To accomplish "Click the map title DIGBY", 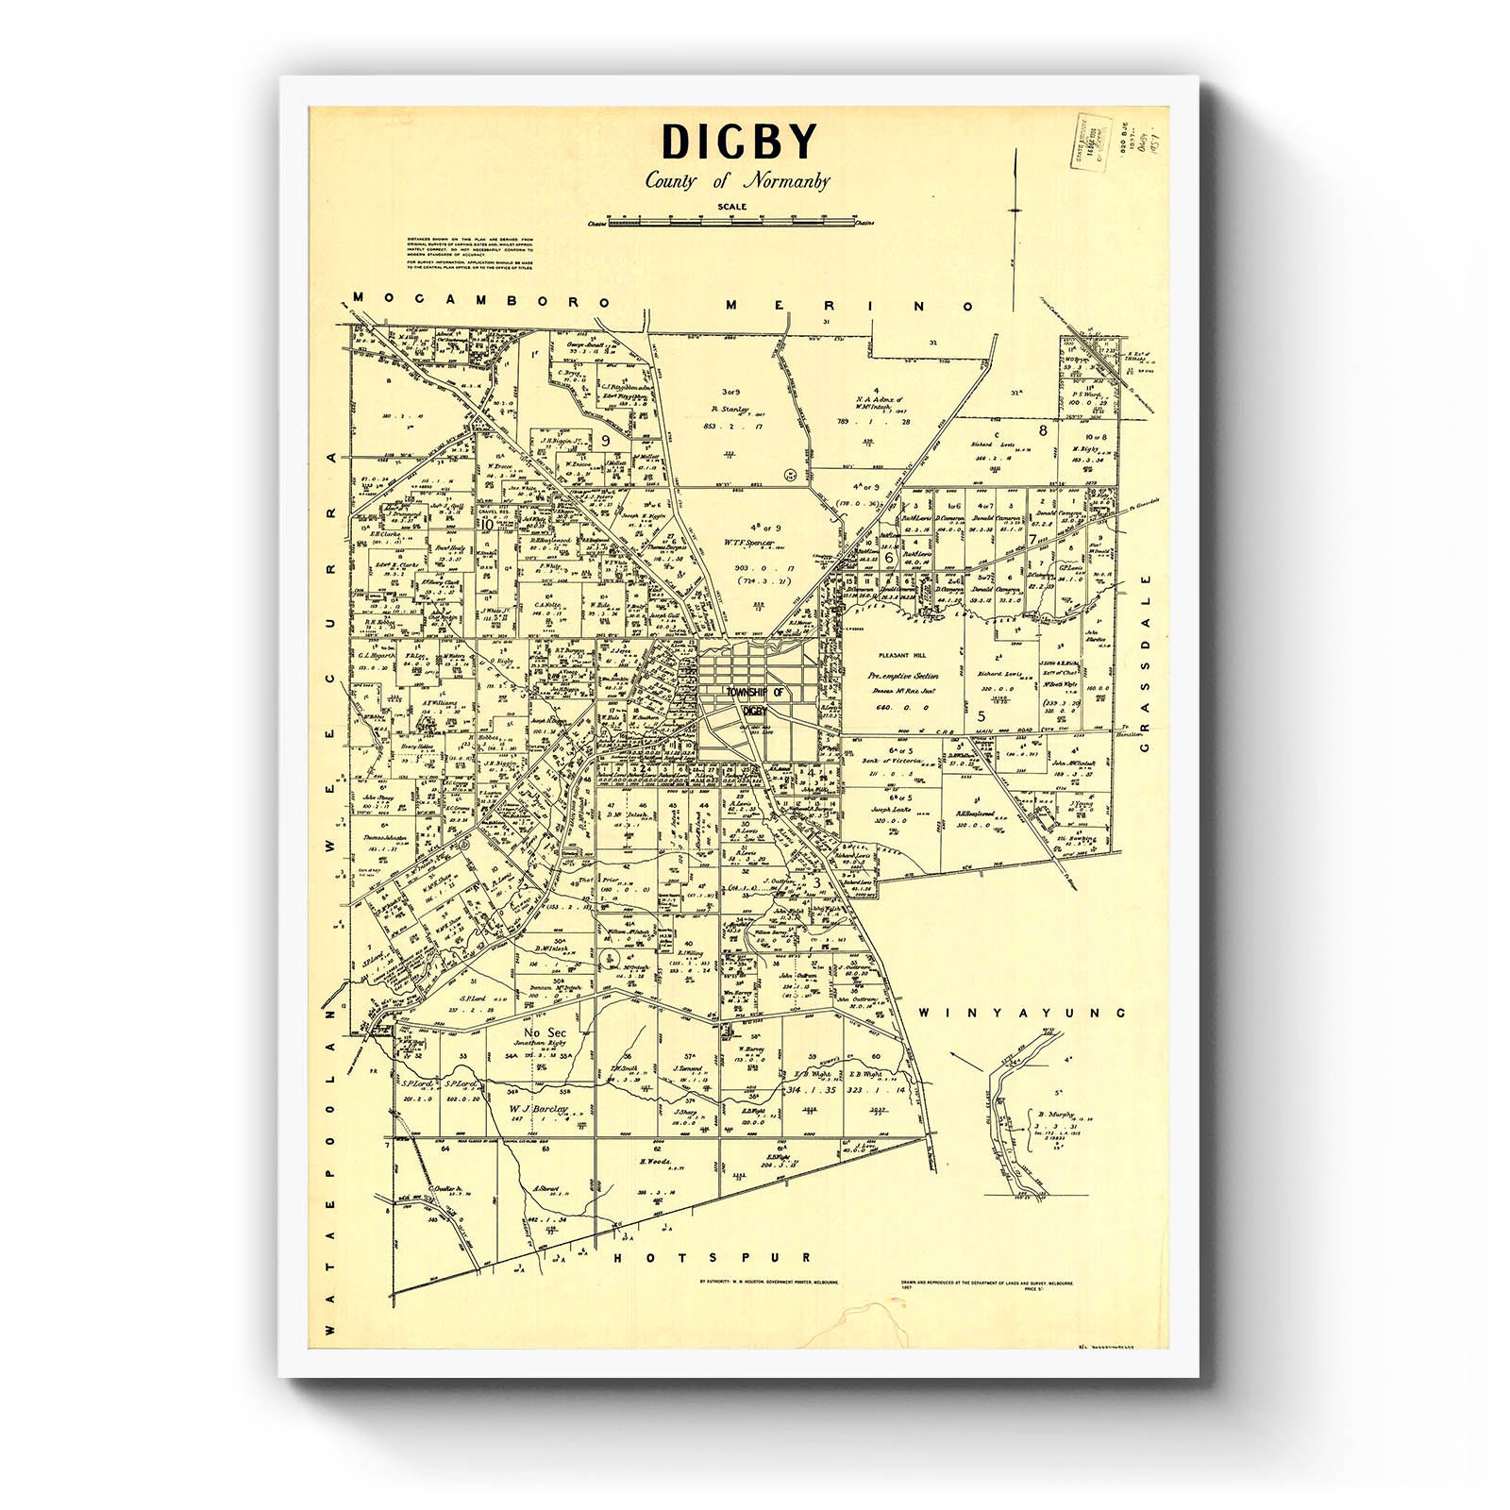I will pyautogui.click(x=738, y=143).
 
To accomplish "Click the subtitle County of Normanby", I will pyautogui.click(x=737, y=180).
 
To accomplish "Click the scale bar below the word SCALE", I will pyautogui.click(x=730, y=223).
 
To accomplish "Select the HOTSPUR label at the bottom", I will pyautogui.click(x=713, y=1258).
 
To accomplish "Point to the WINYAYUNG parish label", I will pyautogui.click(x=1022, y=1013).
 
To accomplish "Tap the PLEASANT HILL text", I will pyautogui.click(x=901, y=654).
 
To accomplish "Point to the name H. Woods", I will pyautogui.click(x=654, y=1162).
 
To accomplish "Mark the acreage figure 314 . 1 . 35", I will pyautogui.click(x=811, y=1090).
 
